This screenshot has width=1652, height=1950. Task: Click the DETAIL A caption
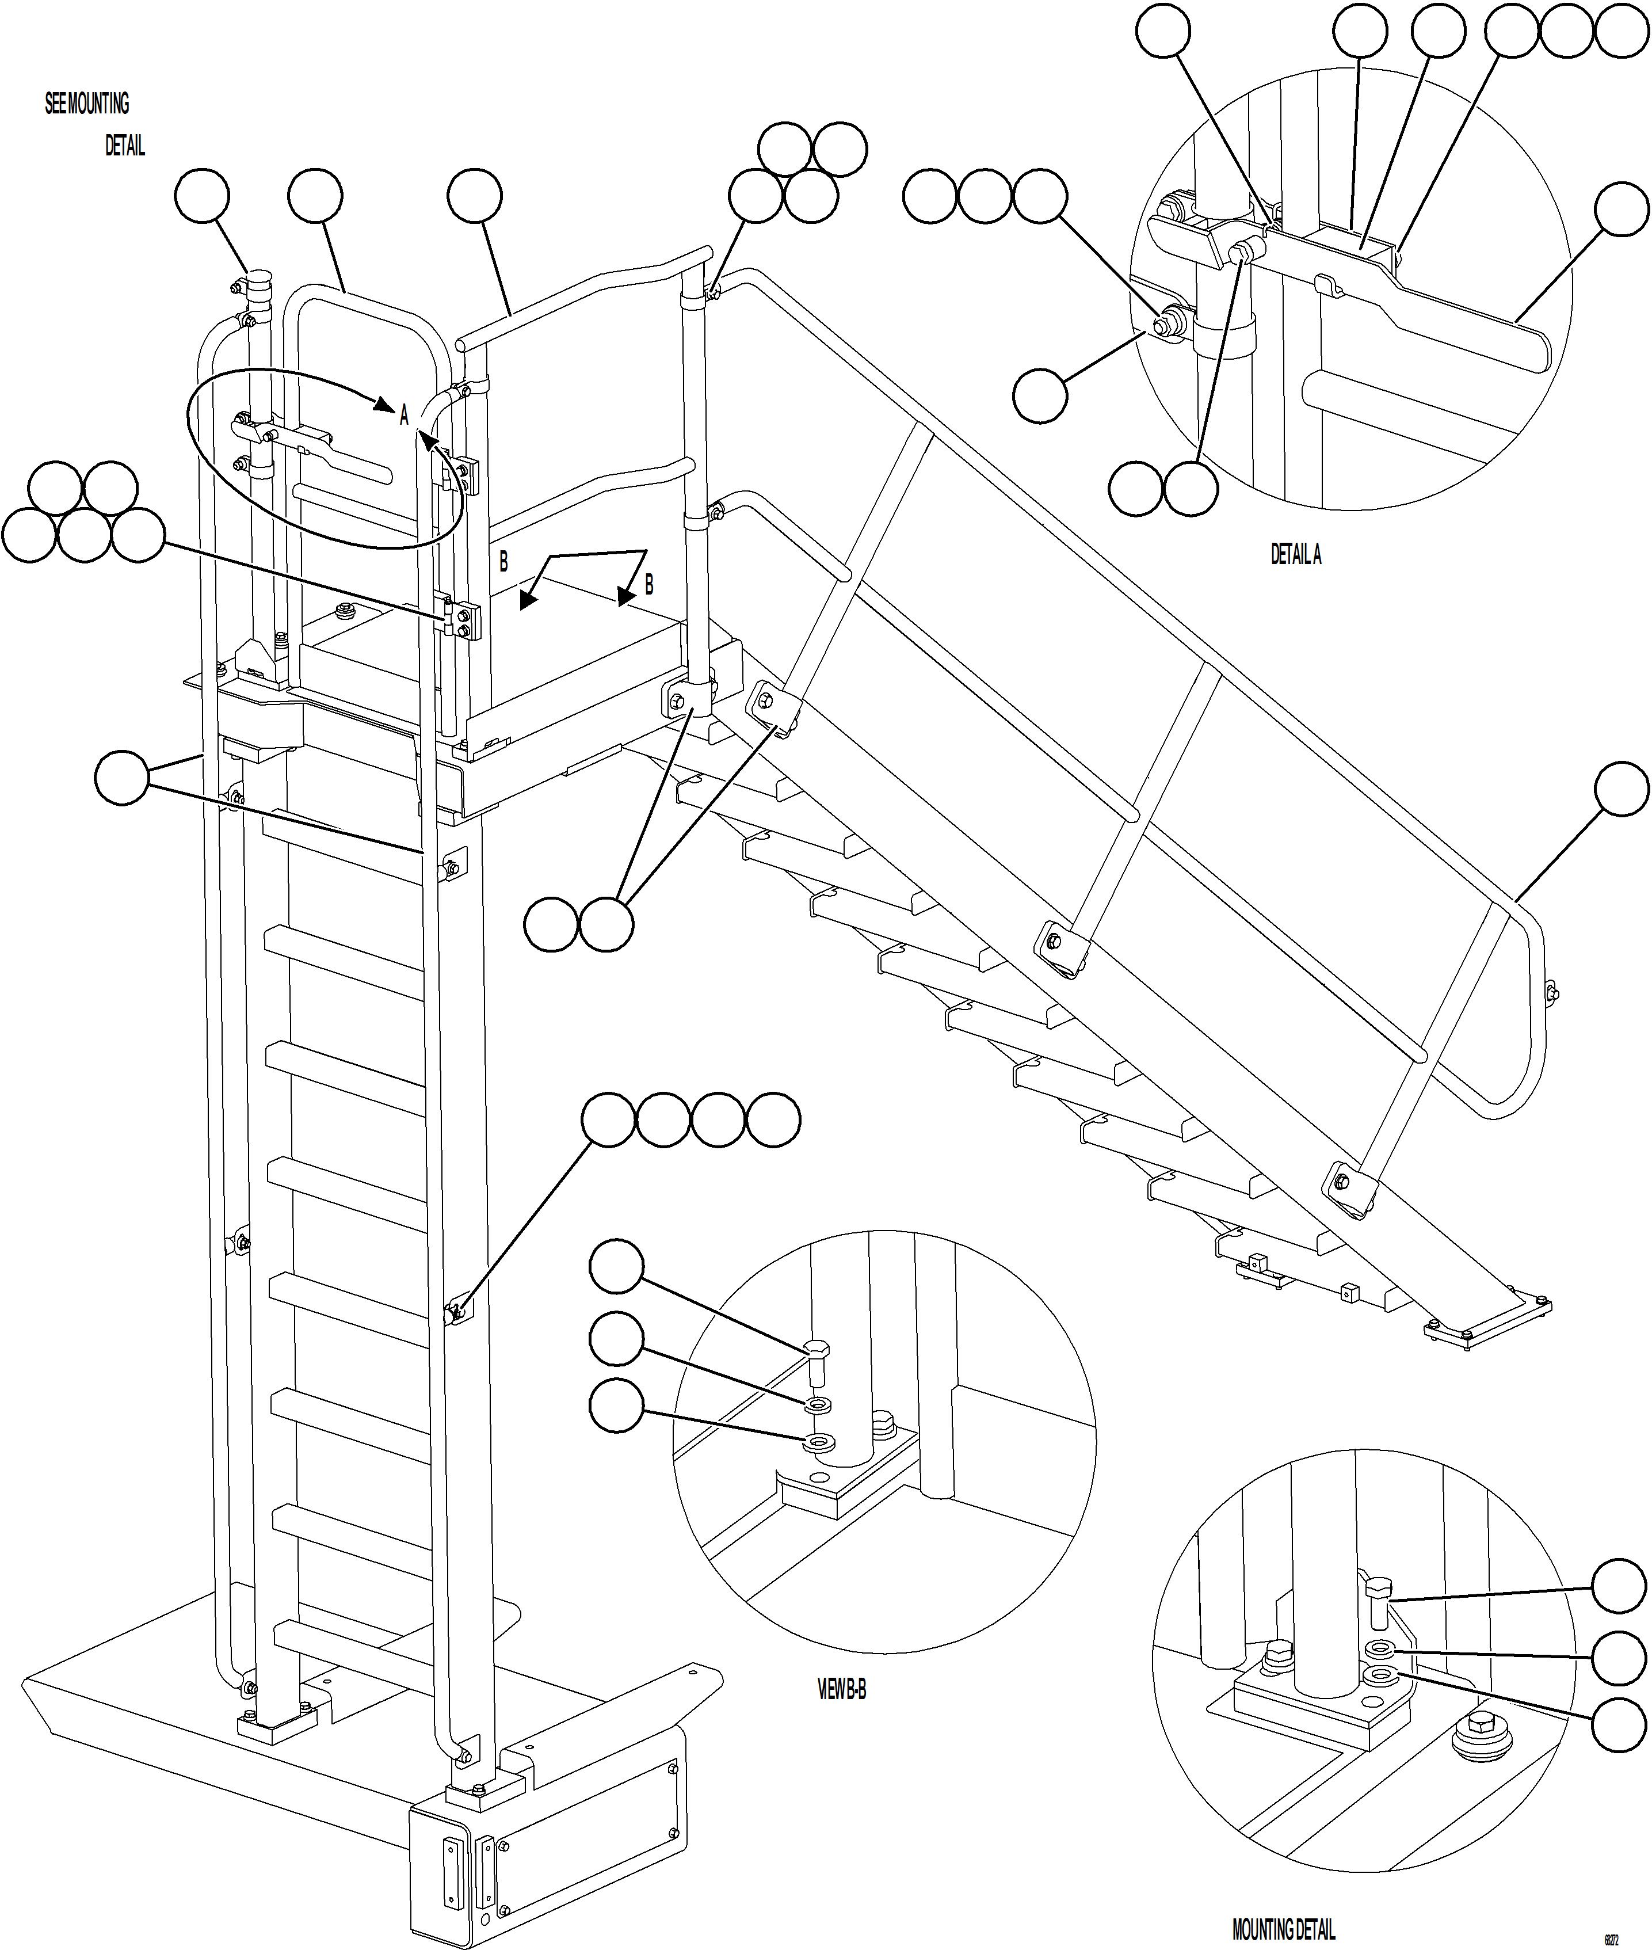click(x=1295, y=554)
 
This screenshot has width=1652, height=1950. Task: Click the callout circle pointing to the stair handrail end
click(x=1621, y=789)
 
